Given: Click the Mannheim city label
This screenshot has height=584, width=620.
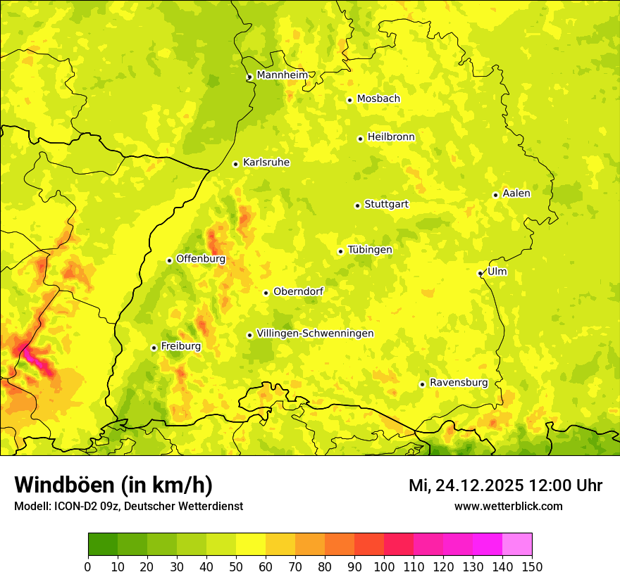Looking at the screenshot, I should (x=282, y=75).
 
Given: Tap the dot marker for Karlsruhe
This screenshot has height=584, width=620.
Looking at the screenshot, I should (x=236, y=164).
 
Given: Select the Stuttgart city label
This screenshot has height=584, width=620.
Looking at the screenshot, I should (x=386, y=205).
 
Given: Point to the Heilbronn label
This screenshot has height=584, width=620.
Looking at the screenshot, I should (x=391, y=137).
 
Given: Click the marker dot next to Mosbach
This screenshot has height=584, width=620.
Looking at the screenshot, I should (x=349, y=100).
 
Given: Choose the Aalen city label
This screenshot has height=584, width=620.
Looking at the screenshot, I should (x=516, y=193).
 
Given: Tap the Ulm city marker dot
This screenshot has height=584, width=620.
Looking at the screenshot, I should (x=480, y=273).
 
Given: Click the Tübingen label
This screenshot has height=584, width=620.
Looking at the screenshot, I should (x=370, y=250).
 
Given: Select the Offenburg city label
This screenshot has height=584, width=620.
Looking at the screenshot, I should (x=201, y=259).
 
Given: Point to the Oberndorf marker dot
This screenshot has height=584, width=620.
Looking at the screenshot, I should (x=266, y=293).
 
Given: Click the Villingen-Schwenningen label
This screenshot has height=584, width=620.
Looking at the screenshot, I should (x=315, y=334).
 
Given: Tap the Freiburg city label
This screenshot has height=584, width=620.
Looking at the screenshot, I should (x=180, y=346).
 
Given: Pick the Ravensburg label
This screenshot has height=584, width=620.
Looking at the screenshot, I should (x=459, y=383).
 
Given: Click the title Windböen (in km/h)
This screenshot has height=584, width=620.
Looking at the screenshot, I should (x=113, y=485).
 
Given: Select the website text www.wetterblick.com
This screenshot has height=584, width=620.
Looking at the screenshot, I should (x=508, y=506).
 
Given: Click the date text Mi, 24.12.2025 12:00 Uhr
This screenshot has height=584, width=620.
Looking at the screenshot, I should (x=505, y=485).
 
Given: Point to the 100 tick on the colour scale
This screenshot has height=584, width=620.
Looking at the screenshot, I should (x=383, y=566).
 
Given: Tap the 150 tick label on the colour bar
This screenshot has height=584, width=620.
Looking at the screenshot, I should (x=531, y=566).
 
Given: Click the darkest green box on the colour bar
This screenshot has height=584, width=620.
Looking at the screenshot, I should (x=102, y=544).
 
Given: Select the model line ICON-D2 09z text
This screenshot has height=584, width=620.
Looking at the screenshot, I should (x=128, y=507).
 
